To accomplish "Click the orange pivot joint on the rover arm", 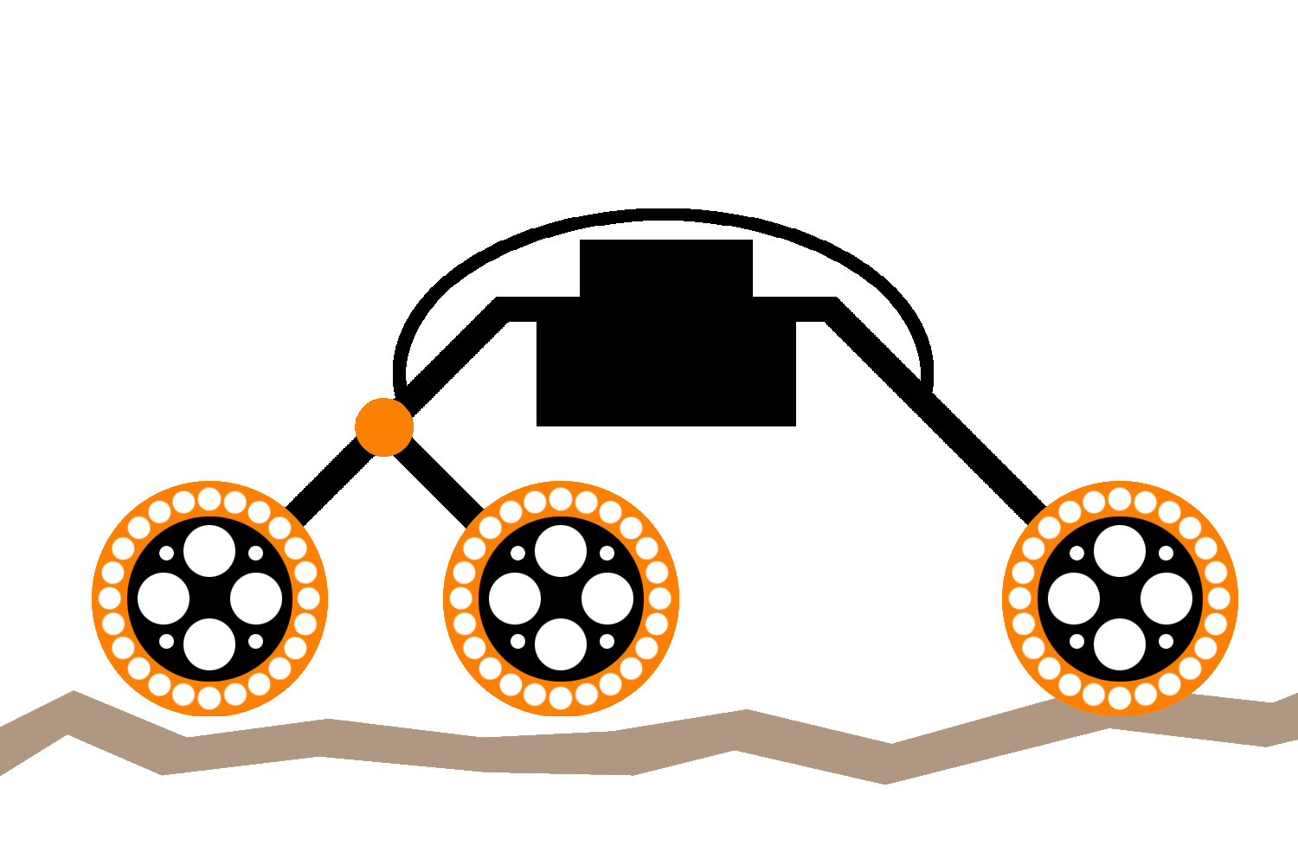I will [384, 426].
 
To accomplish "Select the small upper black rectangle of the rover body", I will [665, 267].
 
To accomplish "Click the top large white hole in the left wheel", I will [209, 551].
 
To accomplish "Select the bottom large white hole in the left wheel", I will [209, 644].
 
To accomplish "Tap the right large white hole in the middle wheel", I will [607, 598].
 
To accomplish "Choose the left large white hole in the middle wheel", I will [515, 598].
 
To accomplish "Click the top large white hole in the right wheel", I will [1120, 551].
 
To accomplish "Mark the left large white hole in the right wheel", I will [1074, 598].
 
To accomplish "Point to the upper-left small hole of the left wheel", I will [166, 554].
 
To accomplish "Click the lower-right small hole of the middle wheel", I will [607, 642].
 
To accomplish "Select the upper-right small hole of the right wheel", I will [1166, 554].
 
